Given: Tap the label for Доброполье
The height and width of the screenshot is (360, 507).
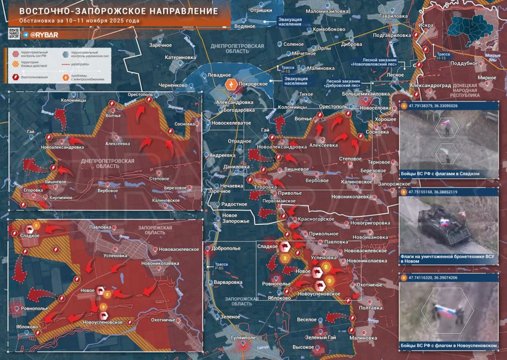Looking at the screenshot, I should pos(226,248).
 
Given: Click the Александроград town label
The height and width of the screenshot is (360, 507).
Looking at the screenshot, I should pos(431,85).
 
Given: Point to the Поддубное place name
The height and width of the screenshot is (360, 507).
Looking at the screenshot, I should pos(465,63).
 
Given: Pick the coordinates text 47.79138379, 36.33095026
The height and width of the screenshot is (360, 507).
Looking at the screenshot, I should pos(433,106).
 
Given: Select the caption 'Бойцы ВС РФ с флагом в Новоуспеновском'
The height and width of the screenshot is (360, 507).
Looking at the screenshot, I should pos(449,346).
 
